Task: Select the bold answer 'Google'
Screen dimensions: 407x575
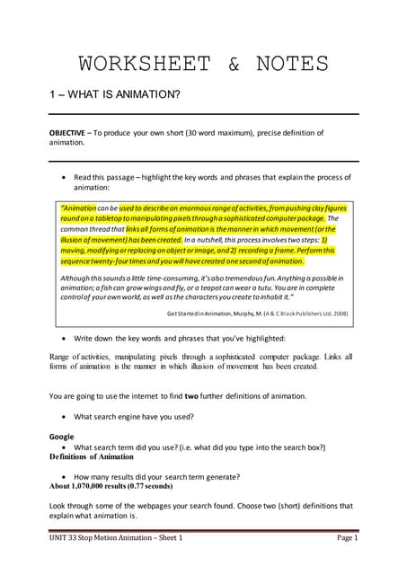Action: point(61,437)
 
